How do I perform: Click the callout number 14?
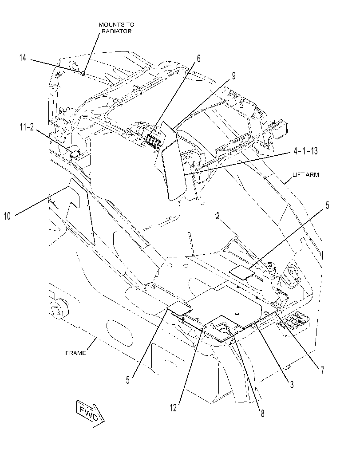point(23,58)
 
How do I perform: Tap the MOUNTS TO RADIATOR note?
point(116,28)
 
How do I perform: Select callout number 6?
point(198,59)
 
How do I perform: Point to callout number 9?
point(234,76)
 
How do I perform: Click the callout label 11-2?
point(27,127)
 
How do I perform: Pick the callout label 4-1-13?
point(305,151)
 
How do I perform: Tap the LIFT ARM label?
point(305,175)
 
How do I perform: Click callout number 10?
point(8,216)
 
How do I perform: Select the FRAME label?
point(75,353)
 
